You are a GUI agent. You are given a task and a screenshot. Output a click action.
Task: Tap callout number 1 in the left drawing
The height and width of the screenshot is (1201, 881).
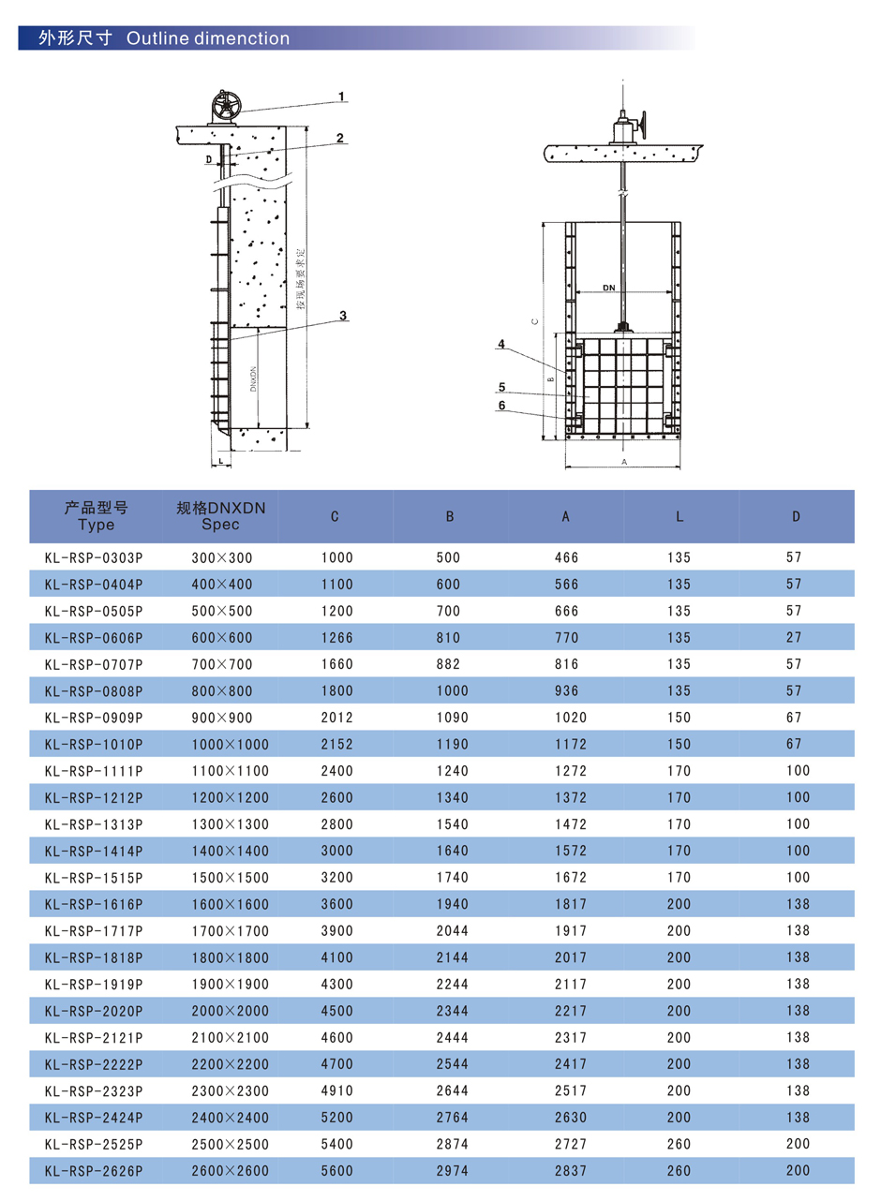342,96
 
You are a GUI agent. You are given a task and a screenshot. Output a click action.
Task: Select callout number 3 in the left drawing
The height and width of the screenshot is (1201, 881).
344,316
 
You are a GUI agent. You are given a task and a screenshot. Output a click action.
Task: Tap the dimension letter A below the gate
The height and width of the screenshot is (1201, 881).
624,463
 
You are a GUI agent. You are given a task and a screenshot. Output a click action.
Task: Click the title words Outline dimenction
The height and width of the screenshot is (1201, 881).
207,38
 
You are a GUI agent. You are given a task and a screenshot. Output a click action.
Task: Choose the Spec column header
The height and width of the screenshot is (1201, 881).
221,516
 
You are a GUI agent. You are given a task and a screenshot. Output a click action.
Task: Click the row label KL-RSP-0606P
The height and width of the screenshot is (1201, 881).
93,638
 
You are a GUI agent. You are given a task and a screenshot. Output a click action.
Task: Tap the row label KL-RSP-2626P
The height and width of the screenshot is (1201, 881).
93,1170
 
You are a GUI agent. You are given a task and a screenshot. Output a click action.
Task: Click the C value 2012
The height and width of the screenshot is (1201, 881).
336,718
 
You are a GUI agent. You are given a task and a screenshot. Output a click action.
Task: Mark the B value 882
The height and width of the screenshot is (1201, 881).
448,664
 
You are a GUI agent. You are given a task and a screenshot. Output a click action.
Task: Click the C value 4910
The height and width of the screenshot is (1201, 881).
336,1090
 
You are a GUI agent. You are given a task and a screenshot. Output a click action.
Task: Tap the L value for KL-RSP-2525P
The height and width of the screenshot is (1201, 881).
680,1144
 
